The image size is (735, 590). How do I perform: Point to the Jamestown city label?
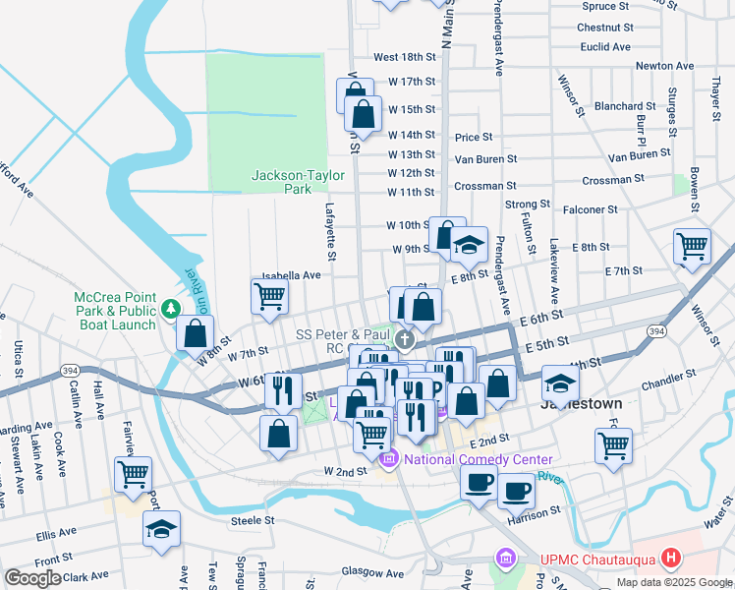coord(581,404)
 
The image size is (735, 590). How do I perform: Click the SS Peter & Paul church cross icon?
coord(405,340)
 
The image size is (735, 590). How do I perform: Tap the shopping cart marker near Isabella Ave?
coord(269,295)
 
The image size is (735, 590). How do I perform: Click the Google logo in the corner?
coord(32,578)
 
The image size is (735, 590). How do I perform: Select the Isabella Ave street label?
coord(292,276)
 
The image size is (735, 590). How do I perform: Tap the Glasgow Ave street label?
coord(372,572)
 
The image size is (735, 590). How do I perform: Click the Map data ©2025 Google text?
coord(673,582)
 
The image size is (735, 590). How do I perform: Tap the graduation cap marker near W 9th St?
coord(470,242)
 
